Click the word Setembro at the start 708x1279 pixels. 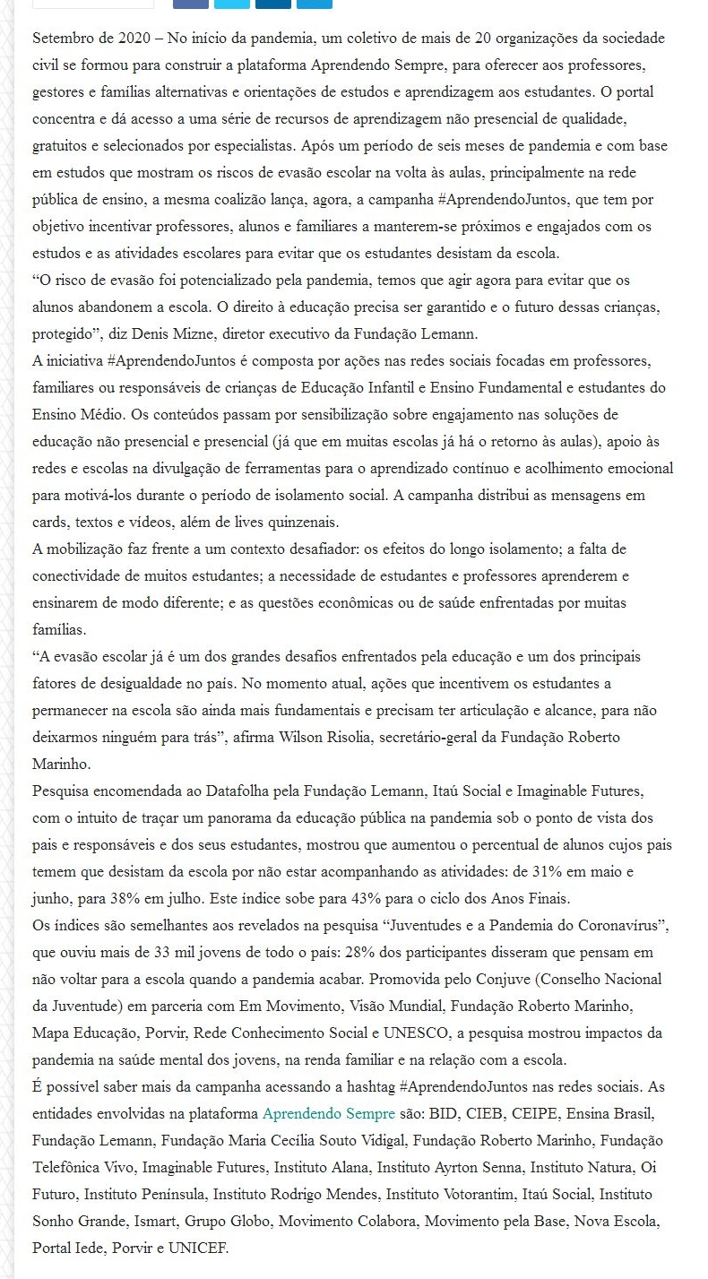click(x=62, y=39)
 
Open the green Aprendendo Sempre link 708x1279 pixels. click(x=329, y=1114)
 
